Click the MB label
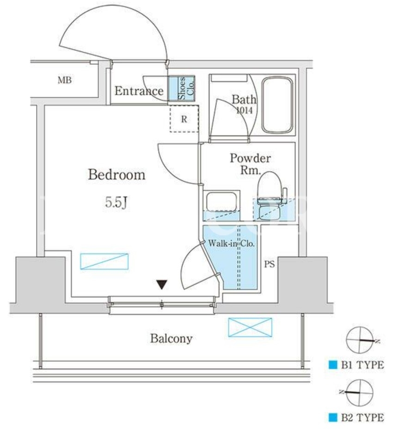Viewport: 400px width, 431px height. click(x=65, y=80)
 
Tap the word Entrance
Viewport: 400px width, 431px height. click(x=139, y=91)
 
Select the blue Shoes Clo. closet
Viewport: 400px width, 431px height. click(x=182, y=88)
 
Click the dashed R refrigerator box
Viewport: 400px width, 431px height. click(x=184, y=119)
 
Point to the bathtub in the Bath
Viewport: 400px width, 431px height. click(x=277, y=105)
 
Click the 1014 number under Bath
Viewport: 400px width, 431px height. click(x=244, y=111)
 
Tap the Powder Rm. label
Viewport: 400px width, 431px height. click(x=250, y=164)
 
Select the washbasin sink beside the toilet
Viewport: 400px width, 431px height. click(x=222, y=202)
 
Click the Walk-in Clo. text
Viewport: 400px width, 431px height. click(x=231, y=243)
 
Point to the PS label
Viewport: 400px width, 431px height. click(x=270, y=264)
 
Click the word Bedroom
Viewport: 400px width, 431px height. click(x=117, y=175)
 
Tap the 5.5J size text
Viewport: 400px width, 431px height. click(x=116, y=203)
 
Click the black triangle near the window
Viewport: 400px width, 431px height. click(x=162, y=284)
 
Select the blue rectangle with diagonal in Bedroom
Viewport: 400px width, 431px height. click(x=104, y=261)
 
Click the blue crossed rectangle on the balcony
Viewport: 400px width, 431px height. click(x=250, y=327)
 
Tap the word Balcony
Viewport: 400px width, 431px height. click(x=171, y=339)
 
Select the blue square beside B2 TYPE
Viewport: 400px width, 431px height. click(x=333, y=418)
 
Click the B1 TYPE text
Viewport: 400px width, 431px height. click(x=363, y=365)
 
